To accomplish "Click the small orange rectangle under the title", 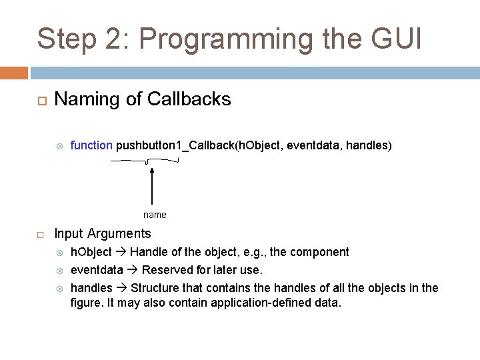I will pyautogui.click(x=14, y=72).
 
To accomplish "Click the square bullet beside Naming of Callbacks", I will pyautogui.click(x=40, y=100).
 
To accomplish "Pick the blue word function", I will pyautogui.click(x=91, y=145).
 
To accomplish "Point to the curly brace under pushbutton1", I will pyautogui.click(x=146, y=161).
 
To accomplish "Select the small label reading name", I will pyautogui.click(x=155, y=215).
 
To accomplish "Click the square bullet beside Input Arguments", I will pyautogui.click(x=40, y=235).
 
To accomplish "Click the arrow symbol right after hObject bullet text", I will pyautogui.click(x=121, y=252).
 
